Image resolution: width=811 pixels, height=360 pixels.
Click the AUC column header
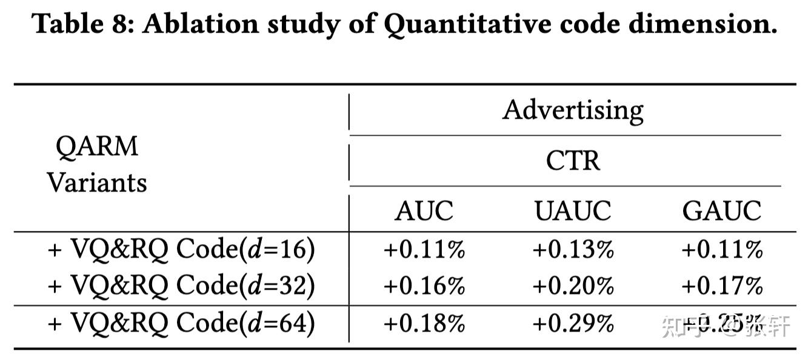[x=424, y=210]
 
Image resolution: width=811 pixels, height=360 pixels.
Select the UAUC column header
[x=573, y=210]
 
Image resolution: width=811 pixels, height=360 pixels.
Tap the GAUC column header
[x=721, y=210]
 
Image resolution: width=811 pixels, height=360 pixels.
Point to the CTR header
[x=573, y=161]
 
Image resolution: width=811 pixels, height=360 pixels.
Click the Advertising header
[x=573, y=110]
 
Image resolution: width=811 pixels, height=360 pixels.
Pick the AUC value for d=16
[x=424, y=250]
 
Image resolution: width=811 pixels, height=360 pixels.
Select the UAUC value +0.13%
[x=573, y=250]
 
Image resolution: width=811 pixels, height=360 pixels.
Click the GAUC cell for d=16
[x=721, y=250]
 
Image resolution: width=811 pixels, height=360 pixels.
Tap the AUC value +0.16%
[x=424, y=285]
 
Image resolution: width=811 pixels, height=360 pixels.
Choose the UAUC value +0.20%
[x=573, y=285]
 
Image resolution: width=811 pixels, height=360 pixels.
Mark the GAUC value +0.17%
[x=721, y=285]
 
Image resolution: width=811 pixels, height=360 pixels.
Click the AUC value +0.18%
[x=424, y=323]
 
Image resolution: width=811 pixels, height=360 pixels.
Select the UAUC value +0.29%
[x=573, y=323]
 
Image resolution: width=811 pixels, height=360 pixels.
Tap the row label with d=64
[x=181, y=324]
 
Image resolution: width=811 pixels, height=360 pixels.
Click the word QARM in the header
[x=97, y=147]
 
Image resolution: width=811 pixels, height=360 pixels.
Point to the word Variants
[x=97, y=182]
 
